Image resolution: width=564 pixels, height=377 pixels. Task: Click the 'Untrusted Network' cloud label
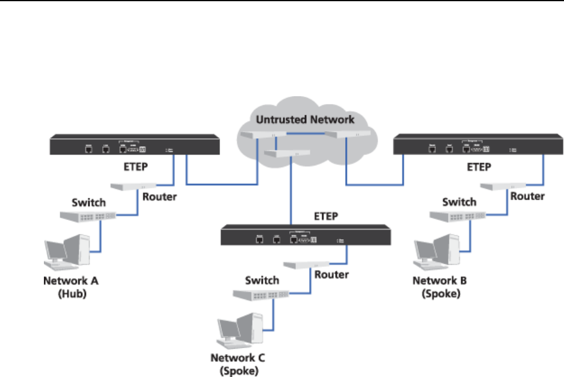[305, 119]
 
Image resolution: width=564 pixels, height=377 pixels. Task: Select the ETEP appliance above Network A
[133, 146]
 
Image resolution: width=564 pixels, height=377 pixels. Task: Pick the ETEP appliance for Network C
[307, 237]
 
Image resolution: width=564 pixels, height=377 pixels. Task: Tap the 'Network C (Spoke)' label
[238, 365]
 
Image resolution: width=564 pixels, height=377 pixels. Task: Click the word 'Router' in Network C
[331, 275]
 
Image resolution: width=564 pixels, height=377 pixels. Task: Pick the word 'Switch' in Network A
[89, 202]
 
